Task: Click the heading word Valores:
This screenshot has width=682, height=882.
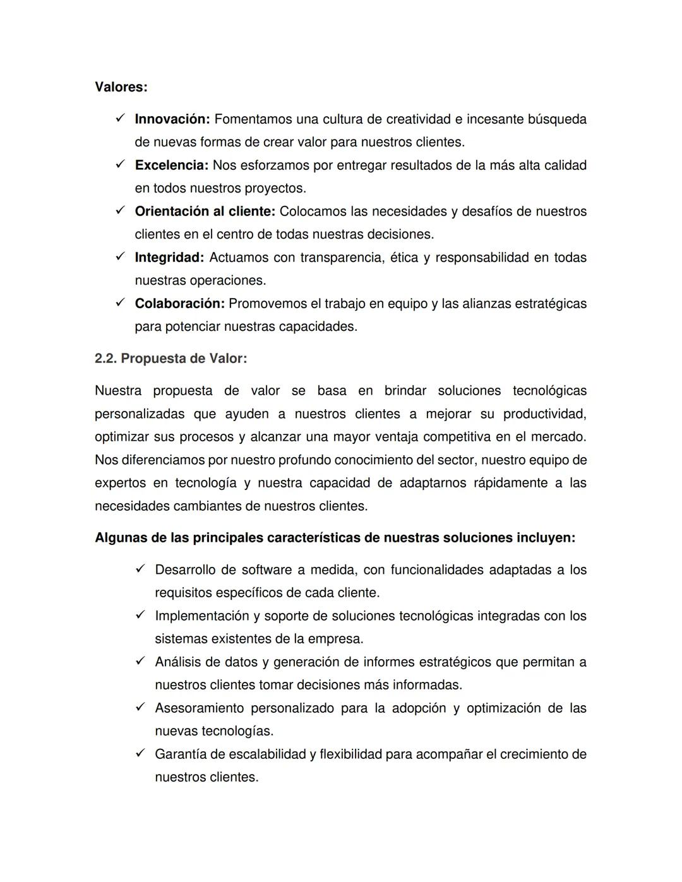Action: click(121, 87)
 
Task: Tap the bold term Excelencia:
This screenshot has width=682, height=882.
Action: click(171, 165)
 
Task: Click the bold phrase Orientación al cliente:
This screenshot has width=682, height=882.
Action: click(205, 212)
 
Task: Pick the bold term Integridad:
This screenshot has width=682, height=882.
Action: click(169, 258)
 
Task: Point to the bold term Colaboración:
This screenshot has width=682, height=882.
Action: click(179, 304)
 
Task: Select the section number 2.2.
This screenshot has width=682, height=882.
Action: click(105, 359)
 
